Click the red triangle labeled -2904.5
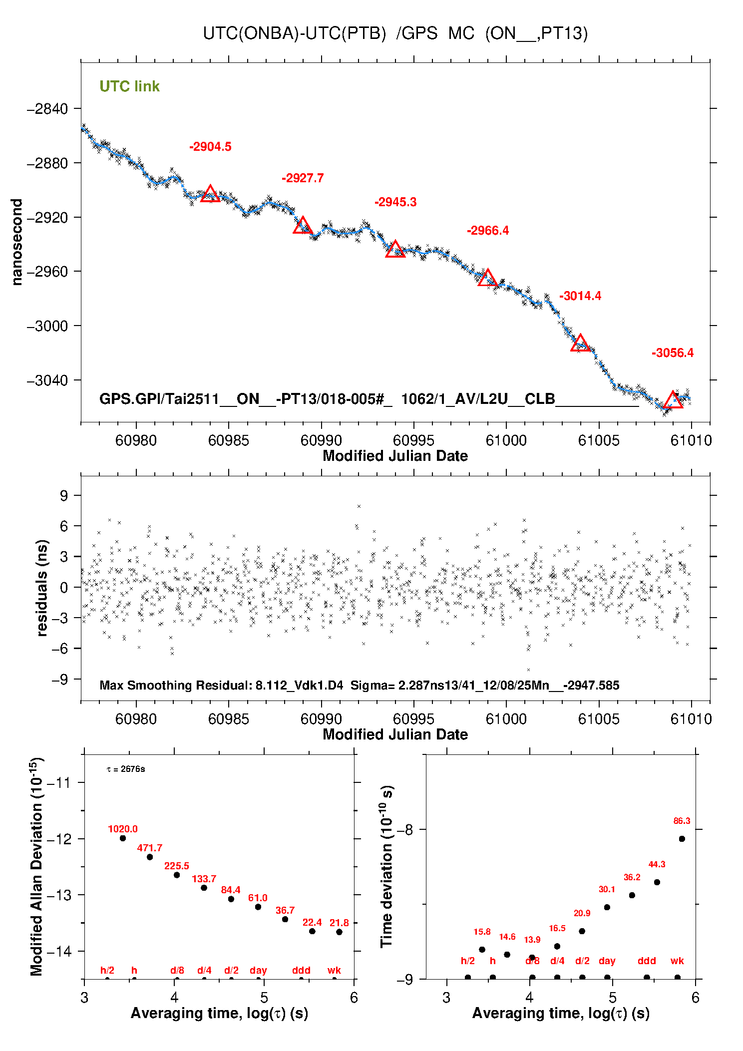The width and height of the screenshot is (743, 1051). (210, 194)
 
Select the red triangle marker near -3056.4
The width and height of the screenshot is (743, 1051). (673, 400)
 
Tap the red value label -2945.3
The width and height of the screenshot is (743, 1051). (395, 202)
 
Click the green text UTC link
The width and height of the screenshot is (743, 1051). (129, 86)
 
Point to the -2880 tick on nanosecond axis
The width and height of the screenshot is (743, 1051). (47, 163)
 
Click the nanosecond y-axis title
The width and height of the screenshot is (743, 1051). (17, 242)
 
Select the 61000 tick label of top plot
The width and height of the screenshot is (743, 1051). (506, 440)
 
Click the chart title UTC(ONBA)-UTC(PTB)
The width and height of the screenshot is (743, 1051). (395, 33)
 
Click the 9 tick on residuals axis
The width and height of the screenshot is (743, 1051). (63, 495)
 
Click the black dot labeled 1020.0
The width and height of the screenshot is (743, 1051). (123, 838)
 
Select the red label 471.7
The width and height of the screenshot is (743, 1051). (150, 848)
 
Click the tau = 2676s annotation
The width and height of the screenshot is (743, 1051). (126, 769)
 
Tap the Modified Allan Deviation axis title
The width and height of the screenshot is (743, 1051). (36, 866)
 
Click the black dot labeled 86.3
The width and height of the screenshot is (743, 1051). (682, 839)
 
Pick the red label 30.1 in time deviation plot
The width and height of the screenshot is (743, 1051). (607, 889)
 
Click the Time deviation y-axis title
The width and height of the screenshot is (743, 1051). (387, 866)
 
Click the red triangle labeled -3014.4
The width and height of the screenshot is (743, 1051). (580, 344)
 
